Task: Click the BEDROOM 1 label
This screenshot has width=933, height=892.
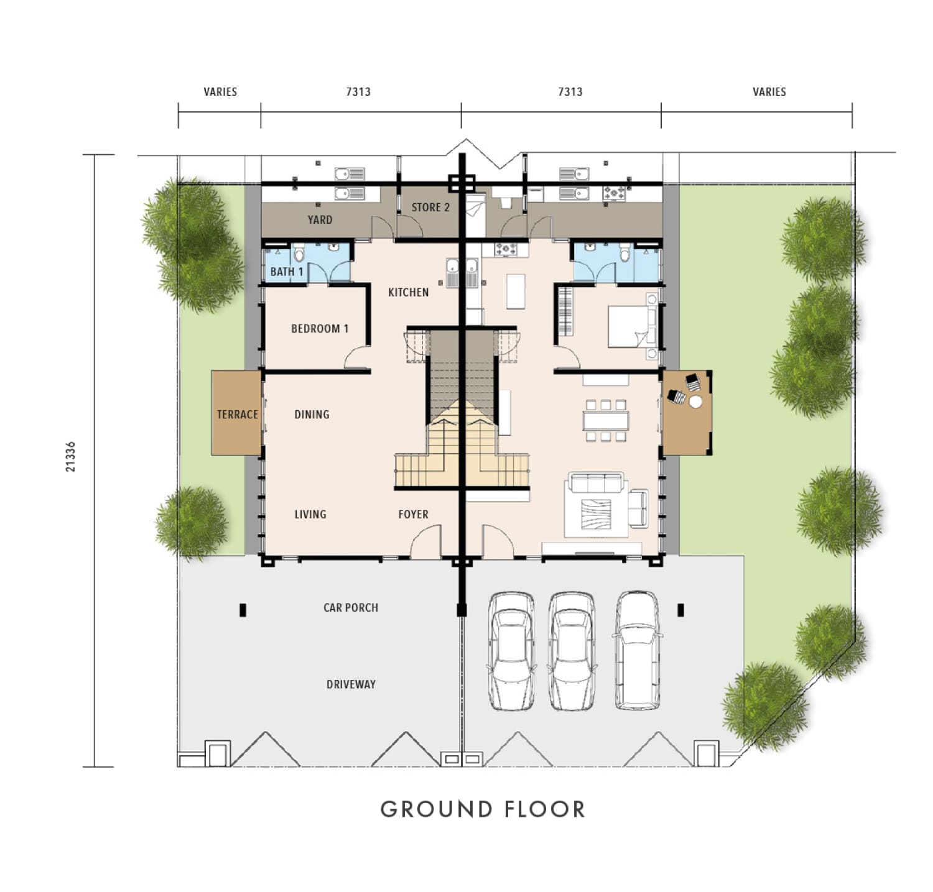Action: coord(320,329)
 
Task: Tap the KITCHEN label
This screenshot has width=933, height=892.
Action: coord(409,292)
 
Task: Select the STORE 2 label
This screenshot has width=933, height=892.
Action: coord(430,207)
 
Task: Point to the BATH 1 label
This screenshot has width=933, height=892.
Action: coord(287,272)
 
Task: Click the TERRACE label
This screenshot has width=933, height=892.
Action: coord(237,415)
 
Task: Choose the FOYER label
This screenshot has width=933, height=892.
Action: coord(414,514)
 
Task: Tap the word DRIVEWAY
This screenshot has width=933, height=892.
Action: coord(351,684)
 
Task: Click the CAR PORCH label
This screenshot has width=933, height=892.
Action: coord(351,607)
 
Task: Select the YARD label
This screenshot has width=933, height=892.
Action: coord(320,219)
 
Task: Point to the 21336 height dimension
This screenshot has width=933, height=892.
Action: coord(70,457)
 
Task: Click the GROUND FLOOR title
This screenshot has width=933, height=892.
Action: coord(483,809)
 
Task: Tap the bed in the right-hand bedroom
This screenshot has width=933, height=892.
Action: coord(632,326)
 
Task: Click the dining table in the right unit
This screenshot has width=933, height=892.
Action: coord(606,421)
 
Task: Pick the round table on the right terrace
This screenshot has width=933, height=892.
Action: coord(695,402)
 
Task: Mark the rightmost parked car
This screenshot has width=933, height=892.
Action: coord(638,650)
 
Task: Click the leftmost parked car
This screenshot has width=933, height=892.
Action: coord(511,651)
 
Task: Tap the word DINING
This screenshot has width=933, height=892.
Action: coord(312,415)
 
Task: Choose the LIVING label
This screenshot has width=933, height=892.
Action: coord(310,514)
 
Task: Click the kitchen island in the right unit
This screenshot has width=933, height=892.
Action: coord(516,292)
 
